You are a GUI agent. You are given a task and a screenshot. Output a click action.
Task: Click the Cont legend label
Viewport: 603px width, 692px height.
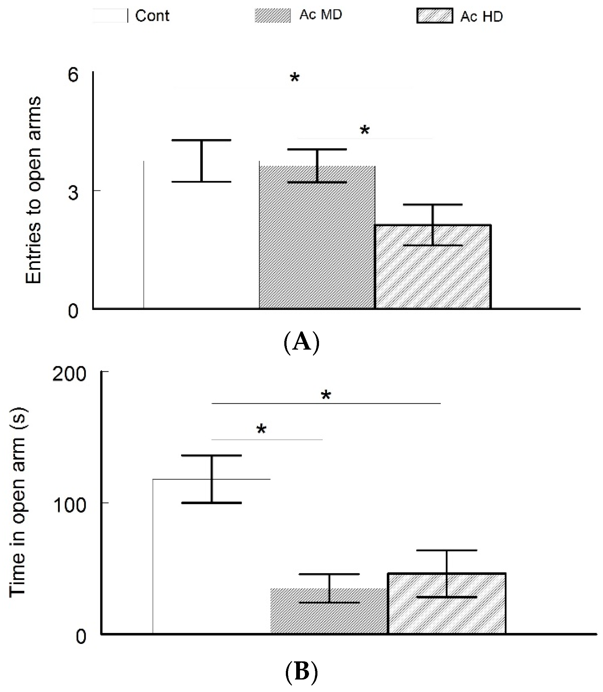(x=152, y=16)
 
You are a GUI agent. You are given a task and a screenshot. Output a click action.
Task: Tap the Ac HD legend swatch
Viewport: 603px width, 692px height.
(x=434, y=16)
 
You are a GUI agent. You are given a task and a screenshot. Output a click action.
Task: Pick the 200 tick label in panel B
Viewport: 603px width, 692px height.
(x=69, y=374)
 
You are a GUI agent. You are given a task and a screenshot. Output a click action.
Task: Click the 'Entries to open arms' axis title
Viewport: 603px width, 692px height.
(x=34, y=190)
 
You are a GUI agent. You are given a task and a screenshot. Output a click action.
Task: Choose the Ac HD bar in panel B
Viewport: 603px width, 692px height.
(x=447, y=608)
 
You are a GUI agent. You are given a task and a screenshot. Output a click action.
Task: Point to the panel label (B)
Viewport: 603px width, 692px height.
(x=301, y=671)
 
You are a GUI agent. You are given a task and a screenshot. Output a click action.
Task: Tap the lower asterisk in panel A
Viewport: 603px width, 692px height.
(x=365, y=130)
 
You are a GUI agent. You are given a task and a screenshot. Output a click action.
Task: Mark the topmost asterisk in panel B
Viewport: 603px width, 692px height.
(x=326, y=395)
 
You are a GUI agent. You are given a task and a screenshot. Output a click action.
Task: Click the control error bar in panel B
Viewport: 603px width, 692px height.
(x=212, y=479)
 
